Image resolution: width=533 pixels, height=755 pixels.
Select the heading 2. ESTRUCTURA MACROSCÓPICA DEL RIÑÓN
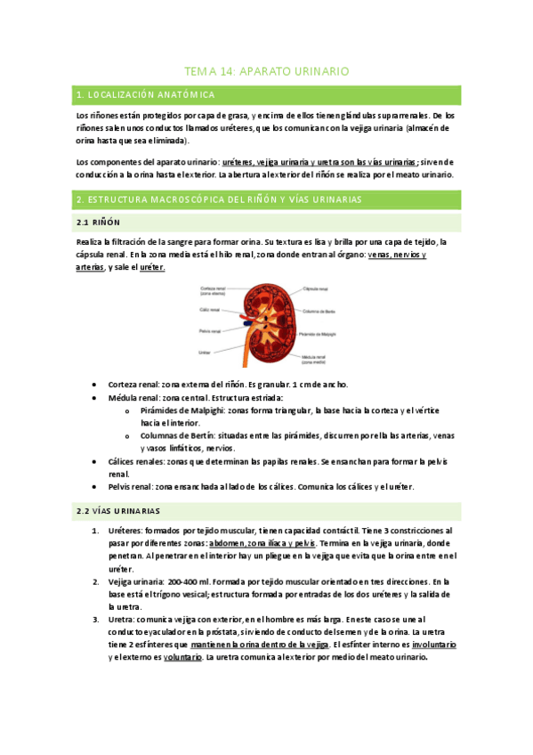tap(219, 200)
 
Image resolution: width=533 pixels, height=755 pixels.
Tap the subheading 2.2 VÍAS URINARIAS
tap(118, 511)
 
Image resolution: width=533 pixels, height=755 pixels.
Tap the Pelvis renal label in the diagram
tap(211, 330)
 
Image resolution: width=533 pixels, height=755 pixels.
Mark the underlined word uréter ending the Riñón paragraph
tap(152, 267)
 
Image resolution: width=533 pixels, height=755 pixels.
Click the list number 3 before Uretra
tap(95, 618)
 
